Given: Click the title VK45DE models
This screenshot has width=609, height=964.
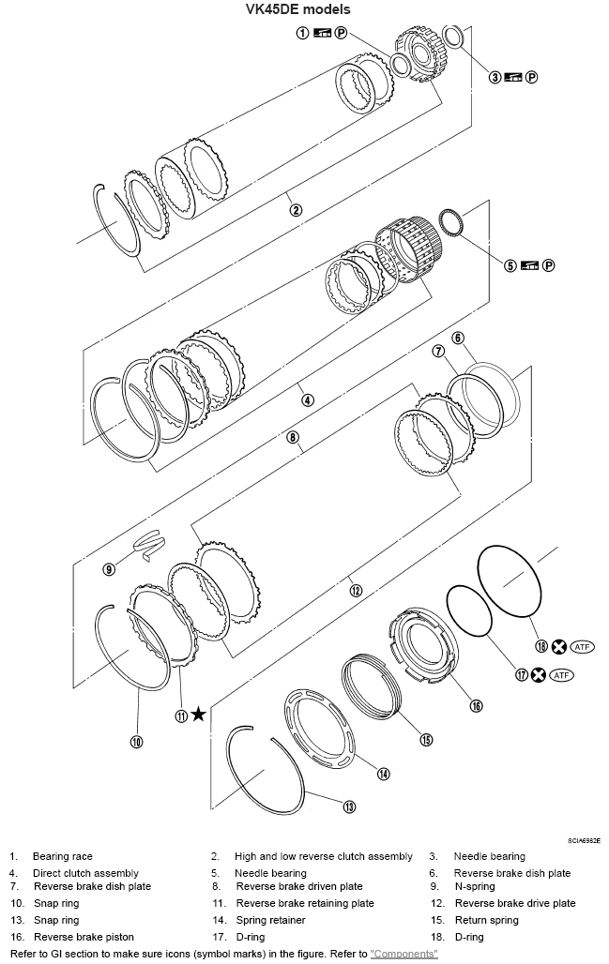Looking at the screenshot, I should tap(304, 9).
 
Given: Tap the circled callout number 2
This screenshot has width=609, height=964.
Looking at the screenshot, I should tap(296, 210).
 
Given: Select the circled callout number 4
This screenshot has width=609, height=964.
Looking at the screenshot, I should tap(307, 399).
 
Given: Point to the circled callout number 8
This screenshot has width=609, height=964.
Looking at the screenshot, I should tap(293, 437).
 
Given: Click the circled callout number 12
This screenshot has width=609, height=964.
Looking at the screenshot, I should tap(356, 590).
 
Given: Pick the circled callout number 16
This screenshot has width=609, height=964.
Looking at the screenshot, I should tap(476, 705).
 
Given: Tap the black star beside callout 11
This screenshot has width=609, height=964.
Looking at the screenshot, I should tap(198, 715).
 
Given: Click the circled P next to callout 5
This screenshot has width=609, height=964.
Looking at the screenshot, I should tap(548, 265).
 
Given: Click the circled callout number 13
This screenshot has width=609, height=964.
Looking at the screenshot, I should tap(348, 806).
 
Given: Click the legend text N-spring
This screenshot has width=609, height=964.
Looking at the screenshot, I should tap(474, 886).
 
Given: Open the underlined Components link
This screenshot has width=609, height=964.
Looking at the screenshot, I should tap(403, 953).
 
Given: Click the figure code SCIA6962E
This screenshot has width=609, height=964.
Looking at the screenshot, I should tap(583, 841).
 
